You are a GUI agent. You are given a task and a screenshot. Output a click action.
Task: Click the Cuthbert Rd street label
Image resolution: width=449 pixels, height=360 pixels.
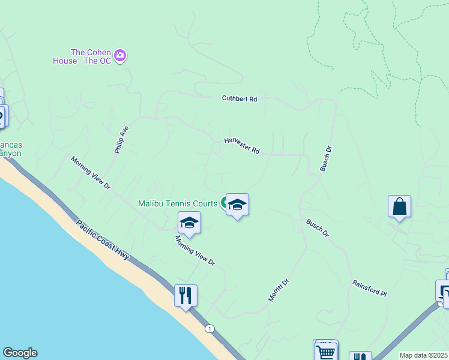point(239,98)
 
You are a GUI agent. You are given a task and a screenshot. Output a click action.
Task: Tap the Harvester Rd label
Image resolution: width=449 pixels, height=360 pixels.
point(241,146)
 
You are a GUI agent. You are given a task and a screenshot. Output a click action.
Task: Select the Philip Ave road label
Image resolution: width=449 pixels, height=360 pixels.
point(121,140)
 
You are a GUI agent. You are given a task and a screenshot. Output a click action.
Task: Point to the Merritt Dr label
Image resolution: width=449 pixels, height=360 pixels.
point(279,290)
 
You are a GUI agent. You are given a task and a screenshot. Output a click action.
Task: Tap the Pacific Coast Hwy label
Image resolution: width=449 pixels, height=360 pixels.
point(103,239)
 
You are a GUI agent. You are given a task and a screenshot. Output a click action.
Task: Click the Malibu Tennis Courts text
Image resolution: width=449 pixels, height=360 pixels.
point(178,204)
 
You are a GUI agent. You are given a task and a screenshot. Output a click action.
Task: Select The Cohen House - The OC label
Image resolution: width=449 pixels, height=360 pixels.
point(91,56)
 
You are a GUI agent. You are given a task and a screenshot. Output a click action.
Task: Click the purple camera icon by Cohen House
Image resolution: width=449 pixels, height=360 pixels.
point(121,56)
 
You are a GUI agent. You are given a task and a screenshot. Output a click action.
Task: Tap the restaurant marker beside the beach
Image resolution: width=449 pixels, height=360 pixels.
point(185,295)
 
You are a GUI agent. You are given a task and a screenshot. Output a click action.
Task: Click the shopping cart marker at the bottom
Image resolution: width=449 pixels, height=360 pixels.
point(325,352)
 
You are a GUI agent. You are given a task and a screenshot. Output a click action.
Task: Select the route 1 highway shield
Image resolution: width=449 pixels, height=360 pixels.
point(209,328)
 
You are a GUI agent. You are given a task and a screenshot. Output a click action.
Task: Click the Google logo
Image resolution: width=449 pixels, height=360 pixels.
point(19,353)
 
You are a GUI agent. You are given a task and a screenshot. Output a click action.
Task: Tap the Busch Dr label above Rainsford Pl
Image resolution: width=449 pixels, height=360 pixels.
point(318,228)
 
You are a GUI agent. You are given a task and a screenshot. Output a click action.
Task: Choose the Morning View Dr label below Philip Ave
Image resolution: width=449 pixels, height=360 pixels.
point(91,173)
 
